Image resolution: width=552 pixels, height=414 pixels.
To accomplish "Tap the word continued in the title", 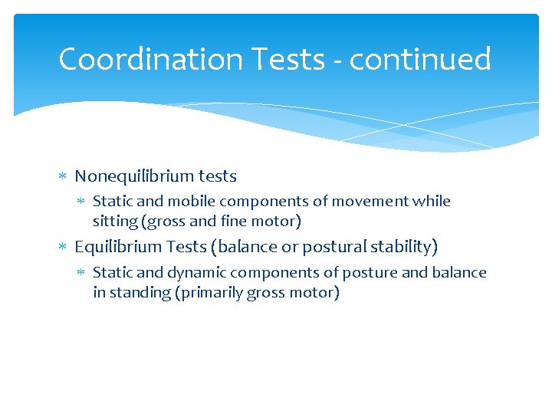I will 419,59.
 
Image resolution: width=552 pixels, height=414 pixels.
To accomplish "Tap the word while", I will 432,202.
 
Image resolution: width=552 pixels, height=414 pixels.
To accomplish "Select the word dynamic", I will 195,273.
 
